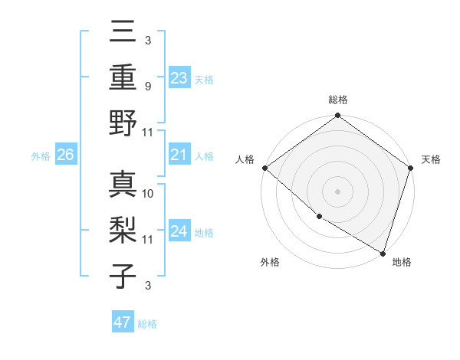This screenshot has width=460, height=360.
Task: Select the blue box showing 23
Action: [179, 77]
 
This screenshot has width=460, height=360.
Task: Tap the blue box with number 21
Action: [179, 155]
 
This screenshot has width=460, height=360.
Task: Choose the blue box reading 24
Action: [179, 232]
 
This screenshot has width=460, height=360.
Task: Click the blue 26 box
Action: [65, 155]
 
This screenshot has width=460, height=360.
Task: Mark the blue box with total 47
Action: [123, 322]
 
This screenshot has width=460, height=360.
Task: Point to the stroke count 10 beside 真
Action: [148, 193]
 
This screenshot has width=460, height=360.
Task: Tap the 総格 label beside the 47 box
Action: [147, 324]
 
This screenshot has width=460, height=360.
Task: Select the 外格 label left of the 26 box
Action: [41, 156]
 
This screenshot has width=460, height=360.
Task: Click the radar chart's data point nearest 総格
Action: [337, 116]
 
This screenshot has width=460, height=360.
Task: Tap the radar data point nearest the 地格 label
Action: [383, 253]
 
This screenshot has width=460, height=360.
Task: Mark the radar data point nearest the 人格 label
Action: [264, 168]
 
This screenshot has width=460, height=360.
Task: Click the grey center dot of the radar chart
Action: [337, 191]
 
